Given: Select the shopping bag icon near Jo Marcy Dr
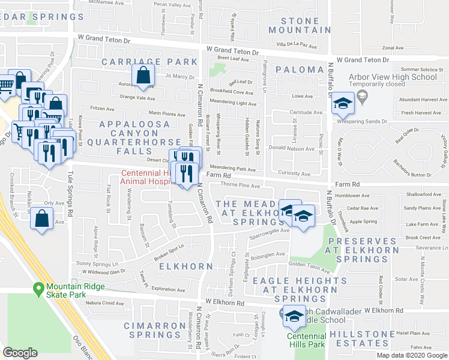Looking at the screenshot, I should pos(143,76).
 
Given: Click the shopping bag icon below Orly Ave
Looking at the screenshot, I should pos(41,220).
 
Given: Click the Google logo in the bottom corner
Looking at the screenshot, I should pos(20,353).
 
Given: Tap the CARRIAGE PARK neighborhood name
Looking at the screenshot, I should pos(149,62).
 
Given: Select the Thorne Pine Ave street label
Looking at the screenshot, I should pos(241,185).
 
